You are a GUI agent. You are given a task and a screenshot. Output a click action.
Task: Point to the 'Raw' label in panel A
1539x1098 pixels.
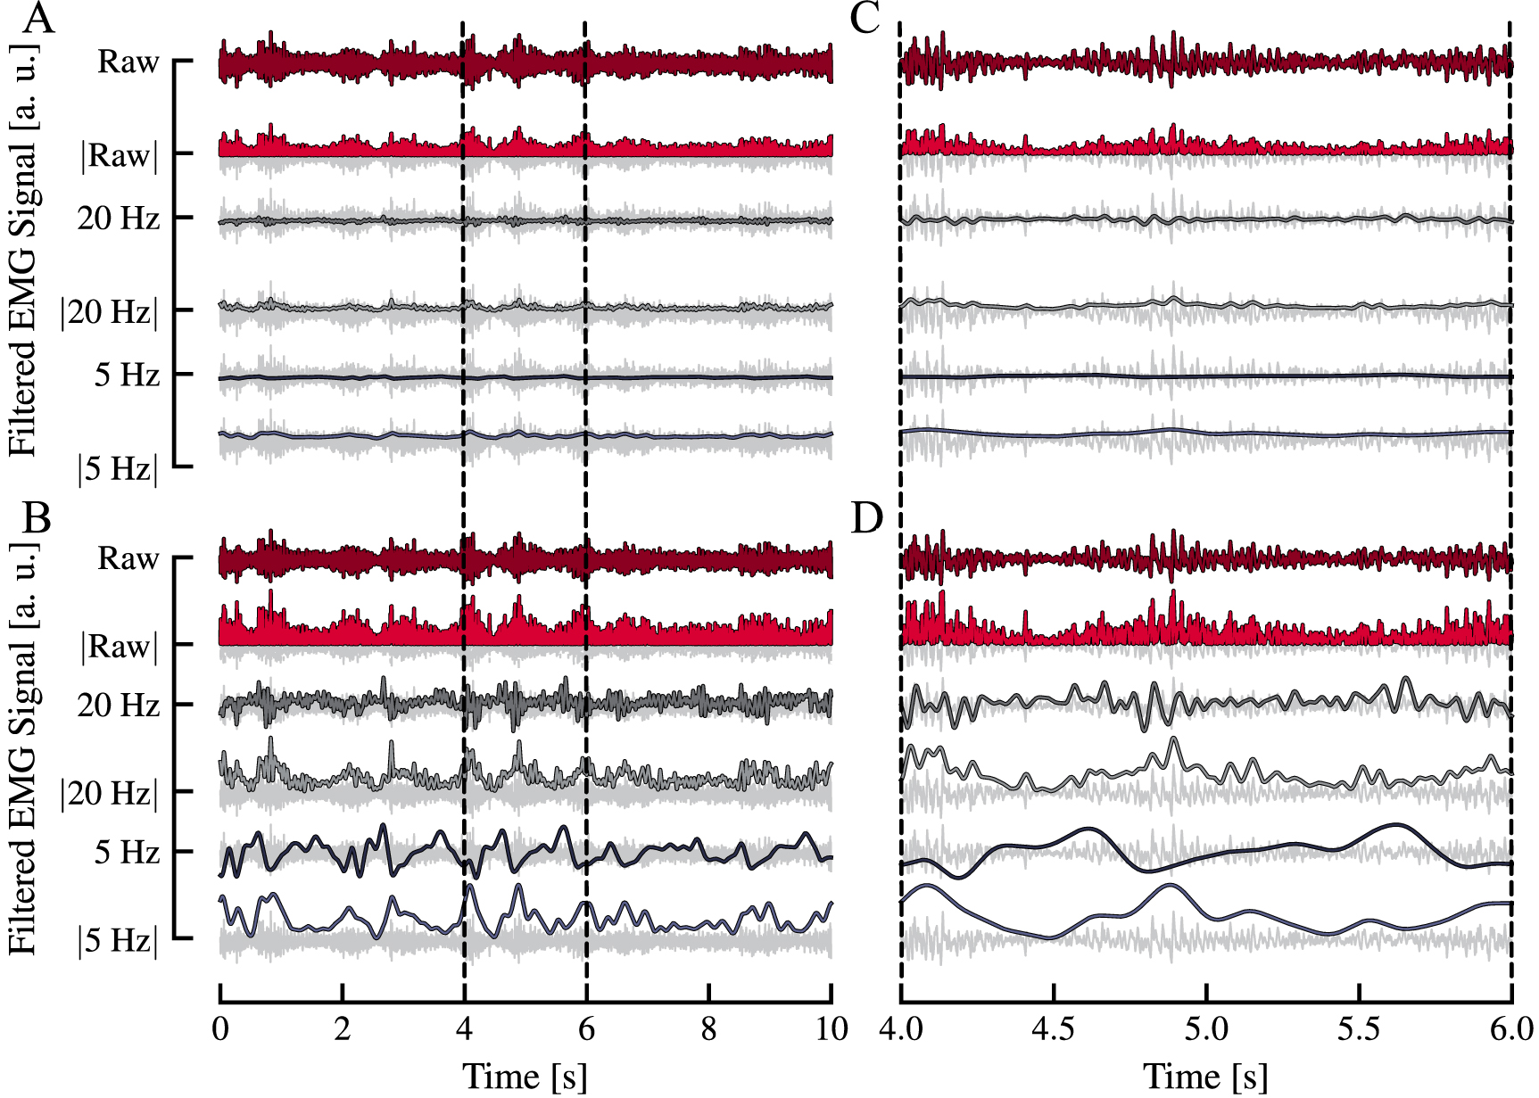[128, 62]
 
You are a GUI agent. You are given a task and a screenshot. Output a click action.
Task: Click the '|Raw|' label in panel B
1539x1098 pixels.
[120, 646]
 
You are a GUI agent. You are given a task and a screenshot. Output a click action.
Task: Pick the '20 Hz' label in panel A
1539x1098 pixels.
[119, 218]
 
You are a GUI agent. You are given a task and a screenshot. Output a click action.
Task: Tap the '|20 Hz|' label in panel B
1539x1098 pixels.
[110, 792]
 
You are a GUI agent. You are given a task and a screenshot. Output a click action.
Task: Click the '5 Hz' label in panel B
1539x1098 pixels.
[128, 852]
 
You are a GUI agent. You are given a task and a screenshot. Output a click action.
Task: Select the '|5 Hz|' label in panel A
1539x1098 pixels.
[119, 468]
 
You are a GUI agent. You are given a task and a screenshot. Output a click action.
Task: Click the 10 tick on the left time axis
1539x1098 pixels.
[832, 1028]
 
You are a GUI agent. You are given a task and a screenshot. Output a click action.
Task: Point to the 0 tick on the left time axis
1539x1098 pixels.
[220, 1028]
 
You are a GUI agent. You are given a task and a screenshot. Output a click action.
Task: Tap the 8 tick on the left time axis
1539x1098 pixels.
[708, 1028]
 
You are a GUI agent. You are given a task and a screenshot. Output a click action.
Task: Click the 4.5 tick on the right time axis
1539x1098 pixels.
[1054, 1028]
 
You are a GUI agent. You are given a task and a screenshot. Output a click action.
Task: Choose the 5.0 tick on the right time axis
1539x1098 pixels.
[1206, 1028]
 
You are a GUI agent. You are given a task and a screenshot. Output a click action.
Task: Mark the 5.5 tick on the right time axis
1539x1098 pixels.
[1359, 1028]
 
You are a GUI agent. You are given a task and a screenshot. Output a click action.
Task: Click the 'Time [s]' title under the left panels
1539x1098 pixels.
[525, 1076]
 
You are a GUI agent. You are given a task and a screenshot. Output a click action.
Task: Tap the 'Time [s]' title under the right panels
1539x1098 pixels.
[1205, 1076]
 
